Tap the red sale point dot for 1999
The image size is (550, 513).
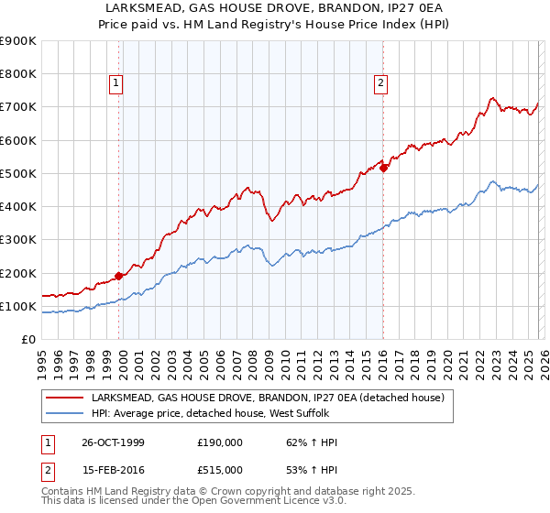click(x=119, y=276)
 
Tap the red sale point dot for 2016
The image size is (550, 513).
click(x=383, y=168)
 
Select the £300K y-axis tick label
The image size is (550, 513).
click(x=18, y=240)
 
